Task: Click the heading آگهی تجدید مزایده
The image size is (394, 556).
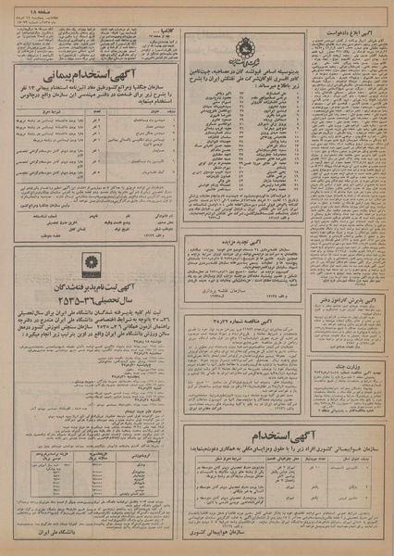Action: pos(246,239)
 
